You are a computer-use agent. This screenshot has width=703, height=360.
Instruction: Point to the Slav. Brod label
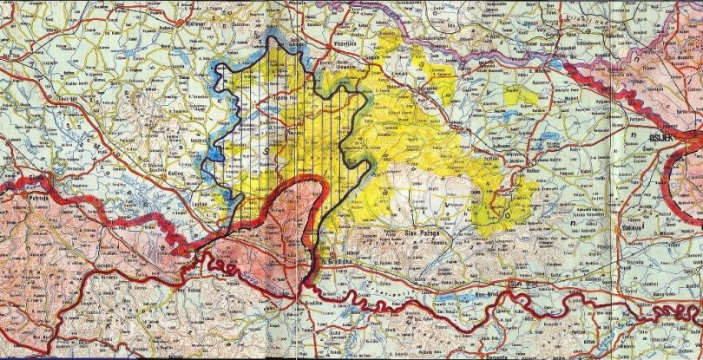tap(524, 284)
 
